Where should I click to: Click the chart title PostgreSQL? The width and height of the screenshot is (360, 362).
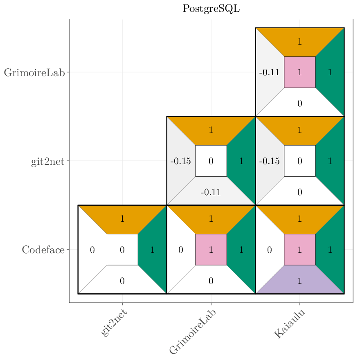tap(211, 9)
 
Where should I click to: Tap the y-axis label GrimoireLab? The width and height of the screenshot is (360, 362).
tap(34, 73)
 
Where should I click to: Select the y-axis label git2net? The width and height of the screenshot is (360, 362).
tap(47, 162)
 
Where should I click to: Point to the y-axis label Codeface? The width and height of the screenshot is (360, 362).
tap(43, 250)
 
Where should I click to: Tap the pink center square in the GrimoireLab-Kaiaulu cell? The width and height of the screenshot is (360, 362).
tap(299, 72)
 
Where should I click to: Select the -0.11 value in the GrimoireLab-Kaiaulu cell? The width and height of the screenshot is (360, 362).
tap(269, 73)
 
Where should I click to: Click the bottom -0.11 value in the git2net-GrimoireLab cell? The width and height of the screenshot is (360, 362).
tap(211, 192)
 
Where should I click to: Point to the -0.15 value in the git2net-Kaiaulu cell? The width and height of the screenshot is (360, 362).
tap(269, 161)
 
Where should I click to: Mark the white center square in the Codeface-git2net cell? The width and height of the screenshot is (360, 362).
tap(122, 250)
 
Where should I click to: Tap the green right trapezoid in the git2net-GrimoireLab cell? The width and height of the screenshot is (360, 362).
tap(241, 161)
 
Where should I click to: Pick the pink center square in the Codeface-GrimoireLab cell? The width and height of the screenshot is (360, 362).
tap(211, 250)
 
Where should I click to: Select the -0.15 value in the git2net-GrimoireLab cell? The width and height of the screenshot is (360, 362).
tap(180, 161)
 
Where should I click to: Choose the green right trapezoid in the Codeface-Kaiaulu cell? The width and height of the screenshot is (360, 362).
tap(330, 250)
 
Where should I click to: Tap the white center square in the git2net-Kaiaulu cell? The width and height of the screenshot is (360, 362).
tap(299, 161)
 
